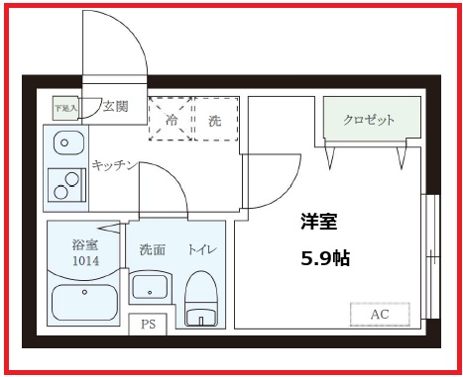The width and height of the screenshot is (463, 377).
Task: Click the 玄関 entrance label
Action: click(115, 107)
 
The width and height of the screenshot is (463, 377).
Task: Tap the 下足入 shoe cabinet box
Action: click(65, 107)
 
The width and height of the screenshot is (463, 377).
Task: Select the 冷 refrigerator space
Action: click(170, 121)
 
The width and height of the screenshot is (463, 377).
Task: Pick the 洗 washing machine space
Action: click(214, 121)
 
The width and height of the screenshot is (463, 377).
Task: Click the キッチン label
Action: click(114, 164)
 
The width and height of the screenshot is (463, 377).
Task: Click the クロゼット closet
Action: click(370, 121)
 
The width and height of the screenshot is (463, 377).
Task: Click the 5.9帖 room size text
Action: click(325, 258)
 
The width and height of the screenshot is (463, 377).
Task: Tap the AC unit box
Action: click(379, 314)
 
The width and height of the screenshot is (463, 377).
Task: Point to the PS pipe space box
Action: click(148, 325)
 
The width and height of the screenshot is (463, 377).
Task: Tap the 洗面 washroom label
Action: click(152, 249)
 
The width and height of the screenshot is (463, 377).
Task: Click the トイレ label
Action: click(203, 249)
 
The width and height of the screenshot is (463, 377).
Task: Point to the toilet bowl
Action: click(202, 302)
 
